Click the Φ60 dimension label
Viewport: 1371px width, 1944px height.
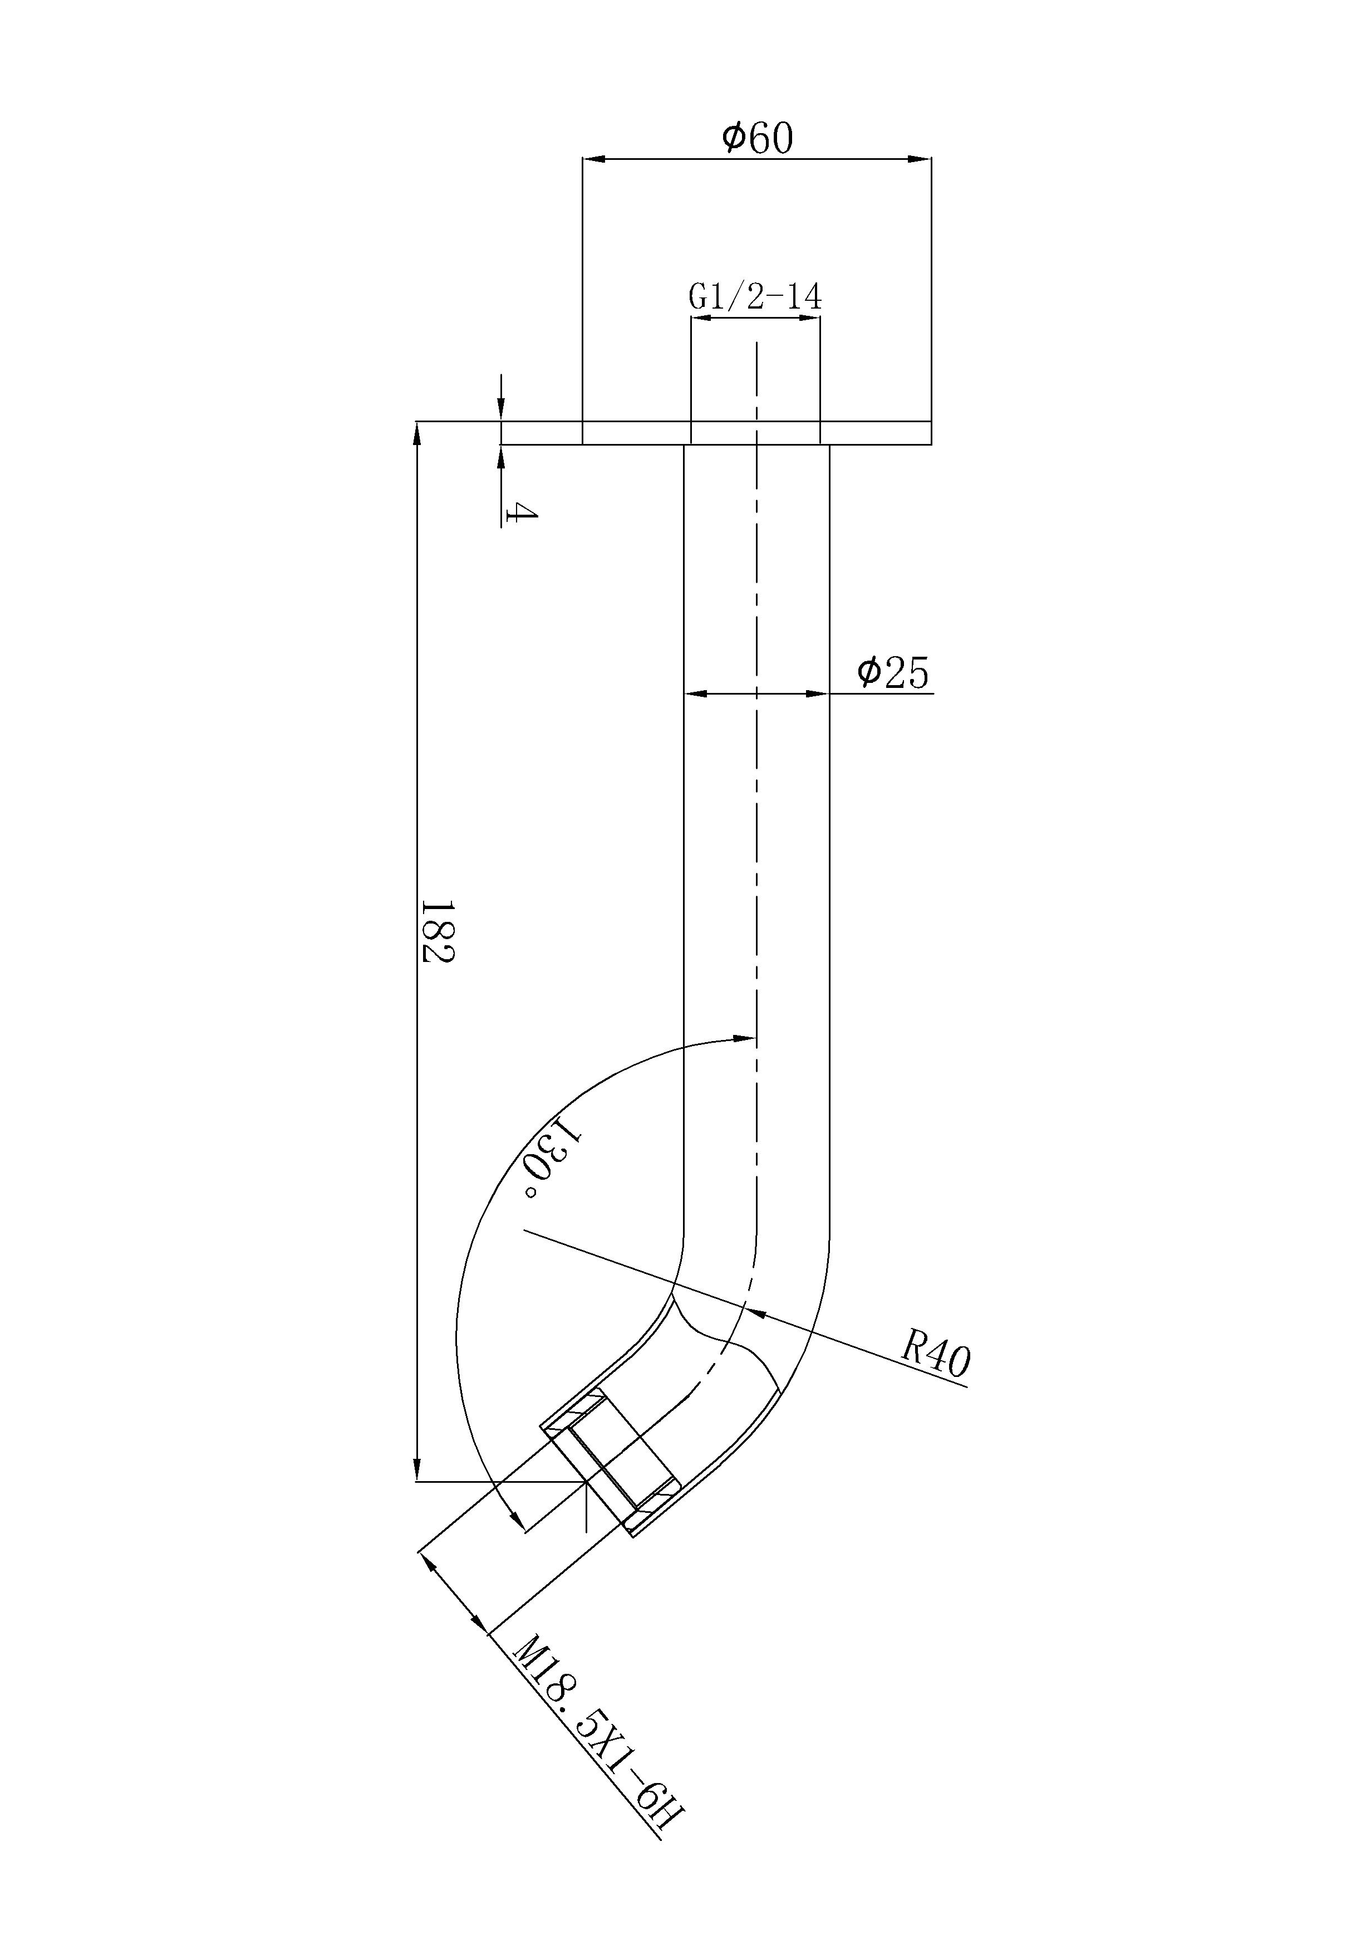click(x=758, y=138)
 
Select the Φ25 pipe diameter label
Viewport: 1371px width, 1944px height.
click(x=893, y=673)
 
